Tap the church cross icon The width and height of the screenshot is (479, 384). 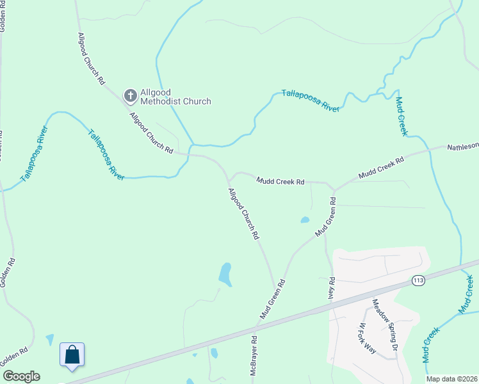pyautogui.click(x=130, y=97)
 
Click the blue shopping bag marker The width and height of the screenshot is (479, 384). pyautogui.click(x=72, y=355)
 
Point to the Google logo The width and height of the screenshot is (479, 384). pyautogui.click(x=21, y=376)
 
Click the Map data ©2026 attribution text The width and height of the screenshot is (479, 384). pyautogui.click(x=452, y=379)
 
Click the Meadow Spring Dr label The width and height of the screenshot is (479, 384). pyautogui.click(x=386, y=325)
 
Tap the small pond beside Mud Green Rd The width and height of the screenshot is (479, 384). pyautogui.click(x=305, y=220)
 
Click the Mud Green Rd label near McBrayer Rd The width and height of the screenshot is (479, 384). pyautogui.click(x=272, y=300)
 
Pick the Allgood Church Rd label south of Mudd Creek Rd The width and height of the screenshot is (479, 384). pyautogui.click(x=244, y=214)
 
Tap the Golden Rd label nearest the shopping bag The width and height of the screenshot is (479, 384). pyautogui.click(x=15, y=357)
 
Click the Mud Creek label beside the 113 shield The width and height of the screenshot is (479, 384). pyautogui.click(x=466, y=294)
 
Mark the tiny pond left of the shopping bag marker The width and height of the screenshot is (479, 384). pyautogui.click(x=50, y=339)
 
